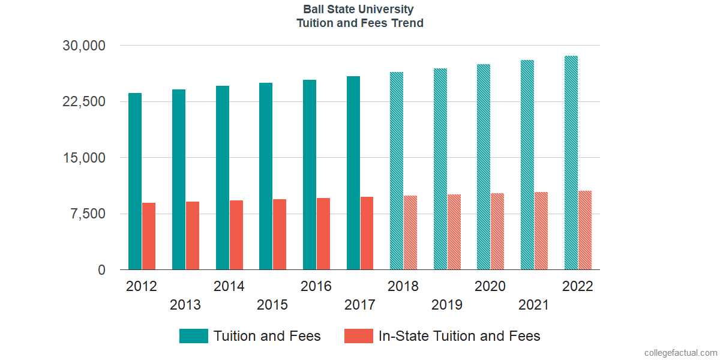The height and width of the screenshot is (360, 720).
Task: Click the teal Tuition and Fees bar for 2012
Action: [x=135, y=181]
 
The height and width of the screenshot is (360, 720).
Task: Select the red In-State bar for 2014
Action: [x=236, y=235]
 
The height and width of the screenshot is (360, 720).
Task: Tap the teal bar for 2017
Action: [x=353, y=173]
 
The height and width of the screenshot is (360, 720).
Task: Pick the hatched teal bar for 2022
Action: [x=571, y=163]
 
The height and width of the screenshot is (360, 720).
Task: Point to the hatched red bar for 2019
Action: [x=454, y=232]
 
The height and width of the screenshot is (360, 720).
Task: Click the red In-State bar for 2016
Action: [x=323, y=234]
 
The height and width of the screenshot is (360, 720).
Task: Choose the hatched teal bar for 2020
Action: [x=484, y=167]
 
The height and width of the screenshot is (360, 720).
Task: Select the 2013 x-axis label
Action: [x=185, y=305]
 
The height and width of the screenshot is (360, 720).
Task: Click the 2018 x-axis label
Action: [x=403, y=286]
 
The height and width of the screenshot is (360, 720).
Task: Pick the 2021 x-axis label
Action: [x=533, y=305]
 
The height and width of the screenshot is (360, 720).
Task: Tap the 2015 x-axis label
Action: [x=272, y=305]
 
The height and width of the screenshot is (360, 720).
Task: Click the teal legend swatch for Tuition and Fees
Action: [x=194, y=336]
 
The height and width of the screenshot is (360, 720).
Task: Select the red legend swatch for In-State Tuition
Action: [x=359, y=336]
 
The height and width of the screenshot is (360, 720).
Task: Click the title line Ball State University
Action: [x=358, y=10]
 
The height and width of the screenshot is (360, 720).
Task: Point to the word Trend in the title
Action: [x=407, y=23]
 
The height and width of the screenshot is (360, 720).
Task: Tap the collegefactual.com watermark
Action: [x=680, y=353]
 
